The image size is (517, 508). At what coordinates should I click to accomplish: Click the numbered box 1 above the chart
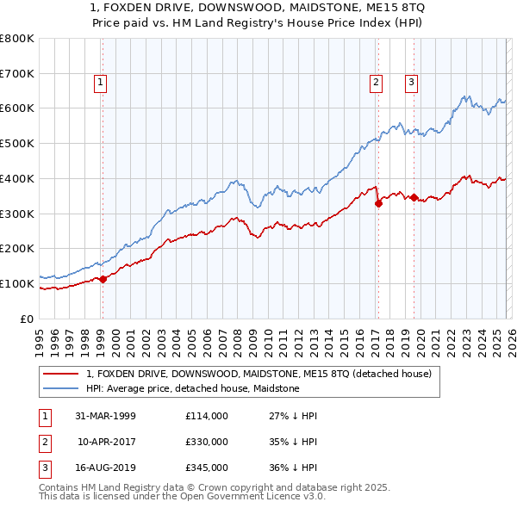tap(101, 84)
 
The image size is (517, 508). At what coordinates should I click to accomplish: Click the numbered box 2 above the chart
tap(377, 84)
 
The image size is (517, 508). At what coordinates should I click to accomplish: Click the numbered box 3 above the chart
tap(412, 84)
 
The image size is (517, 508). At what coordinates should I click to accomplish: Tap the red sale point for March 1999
tap(103, 278)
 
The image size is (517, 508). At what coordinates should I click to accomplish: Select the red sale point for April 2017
tap(378, 203)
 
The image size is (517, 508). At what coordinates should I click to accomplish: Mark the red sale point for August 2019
tap(414, 198)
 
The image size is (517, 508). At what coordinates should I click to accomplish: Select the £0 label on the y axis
tap(27, 319)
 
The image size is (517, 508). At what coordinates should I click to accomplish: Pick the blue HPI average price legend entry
tap(192, 388)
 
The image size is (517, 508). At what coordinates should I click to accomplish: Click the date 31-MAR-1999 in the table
tap(105, 416)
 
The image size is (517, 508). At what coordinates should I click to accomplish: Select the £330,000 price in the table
tap(207, 442)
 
